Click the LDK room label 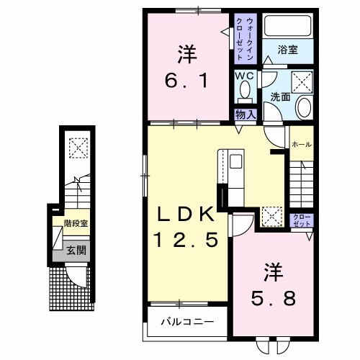(186, 214)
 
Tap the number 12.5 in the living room (186, 240)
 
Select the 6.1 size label (186, 81)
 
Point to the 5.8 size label (273, 298)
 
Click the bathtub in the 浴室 (288, 25)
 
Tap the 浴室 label (288, 50)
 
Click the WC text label (244, 76)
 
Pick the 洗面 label (280, 96)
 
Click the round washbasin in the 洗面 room (304, 107)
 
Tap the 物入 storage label (246, 114)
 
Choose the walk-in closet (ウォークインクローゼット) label (245, 38)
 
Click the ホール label (302, 144)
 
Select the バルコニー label (187, 322)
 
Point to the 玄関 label (76, 251)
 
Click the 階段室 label (76, 223)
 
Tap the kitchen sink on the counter (236, 161)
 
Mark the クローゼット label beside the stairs (302, 220)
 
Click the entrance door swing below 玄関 (76, 276)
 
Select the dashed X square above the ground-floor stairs (78, 148)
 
